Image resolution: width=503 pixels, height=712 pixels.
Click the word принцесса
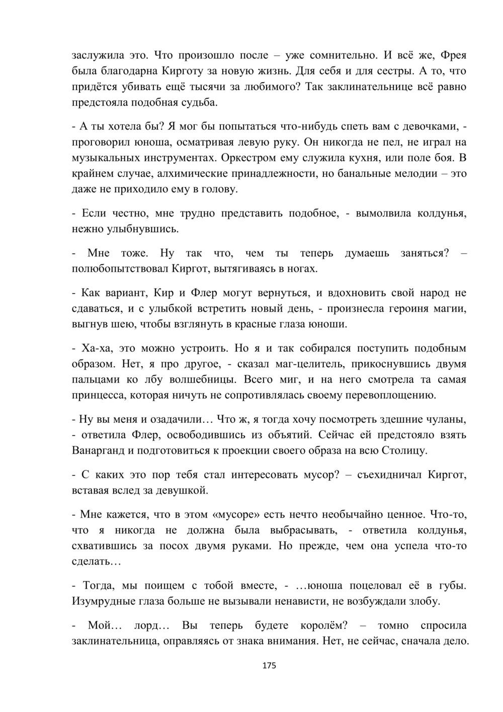(x=99, y=395)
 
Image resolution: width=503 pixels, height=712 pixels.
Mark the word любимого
(x=272, y=87)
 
